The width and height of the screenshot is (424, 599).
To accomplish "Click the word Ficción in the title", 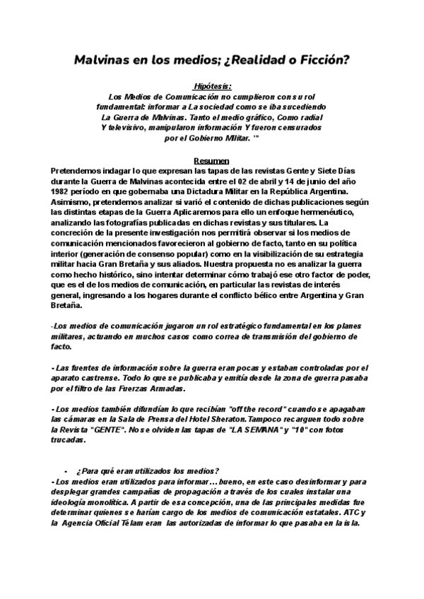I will click(322, 60).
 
